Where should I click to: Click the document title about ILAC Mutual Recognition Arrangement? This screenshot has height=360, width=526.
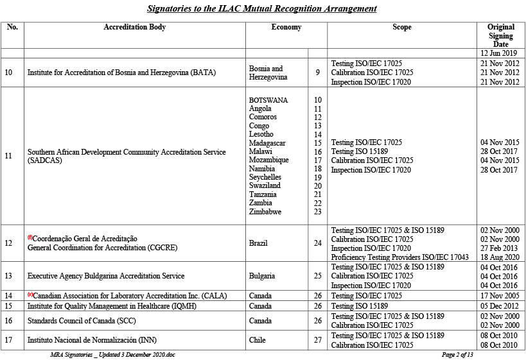click(262, 8)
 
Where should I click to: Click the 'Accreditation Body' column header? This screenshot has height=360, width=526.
click(134, 28)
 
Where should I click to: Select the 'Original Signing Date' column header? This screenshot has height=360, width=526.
click(500, 35)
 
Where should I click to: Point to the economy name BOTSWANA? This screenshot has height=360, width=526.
click(268, 100)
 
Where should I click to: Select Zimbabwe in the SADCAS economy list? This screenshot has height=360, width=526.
click(265, 211)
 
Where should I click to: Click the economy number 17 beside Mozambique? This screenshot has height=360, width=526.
click(317, 160)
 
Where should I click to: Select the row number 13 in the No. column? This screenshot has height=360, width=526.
click(8, 276)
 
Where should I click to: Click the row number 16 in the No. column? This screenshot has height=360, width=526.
click(8, 320)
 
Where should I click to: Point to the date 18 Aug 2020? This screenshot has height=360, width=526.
click(500, 257)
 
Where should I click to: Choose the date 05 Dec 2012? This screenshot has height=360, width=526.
click(500, 306)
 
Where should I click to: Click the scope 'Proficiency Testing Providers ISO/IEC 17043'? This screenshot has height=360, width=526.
click(399, 257)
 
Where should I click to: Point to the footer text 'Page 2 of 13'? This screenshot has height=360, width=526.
click(457, 354)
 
